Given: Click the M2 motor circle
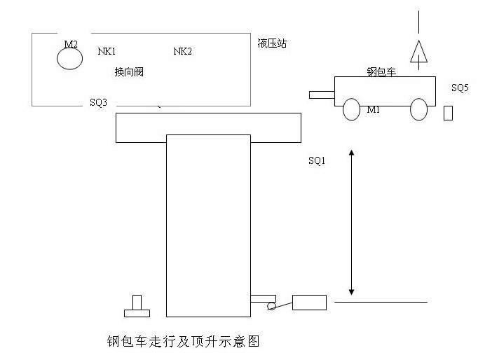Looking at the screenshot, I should (70, 58).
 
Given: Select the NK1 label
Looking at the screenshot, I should (107, 51).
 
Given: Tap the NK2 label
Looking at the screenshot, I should (182, 51).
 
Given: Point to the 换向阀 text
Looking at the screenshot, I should (129, 71).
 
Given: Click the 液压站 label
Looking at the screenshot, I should (272, 43).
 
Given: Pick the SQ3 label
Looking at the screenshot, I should (99, 102).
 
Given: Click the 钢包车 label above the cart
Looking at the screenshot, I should (382, 71).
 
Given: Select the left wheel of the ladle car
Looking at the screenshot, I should (351, 109).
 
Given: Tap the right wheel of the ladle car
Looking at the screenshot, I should (418, 109).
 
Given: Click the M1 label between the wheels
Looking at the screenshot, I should (374, 110).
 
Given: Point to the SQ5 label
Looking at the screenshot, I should (460, 88).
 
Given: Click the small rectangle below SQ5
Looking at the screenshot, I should (448, 113).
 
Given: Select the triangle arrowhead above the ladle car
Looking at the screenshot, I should (419, 53).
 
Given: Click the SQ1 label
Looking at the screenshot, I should (317, 160).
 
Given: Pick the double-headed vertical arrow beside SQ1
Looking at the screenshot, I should (352, 221).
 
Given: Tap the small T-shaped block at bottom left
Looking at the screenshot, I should (137, 305).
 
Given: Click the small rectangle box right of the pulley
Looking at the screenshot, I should (309, 303).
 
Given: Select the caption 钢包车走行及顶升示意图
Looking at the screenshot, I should (184, 342).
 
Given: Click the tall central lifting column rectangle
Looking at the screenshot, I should (208, 224).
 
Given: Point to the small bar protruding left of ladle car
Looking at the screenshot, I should (322, 94).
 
